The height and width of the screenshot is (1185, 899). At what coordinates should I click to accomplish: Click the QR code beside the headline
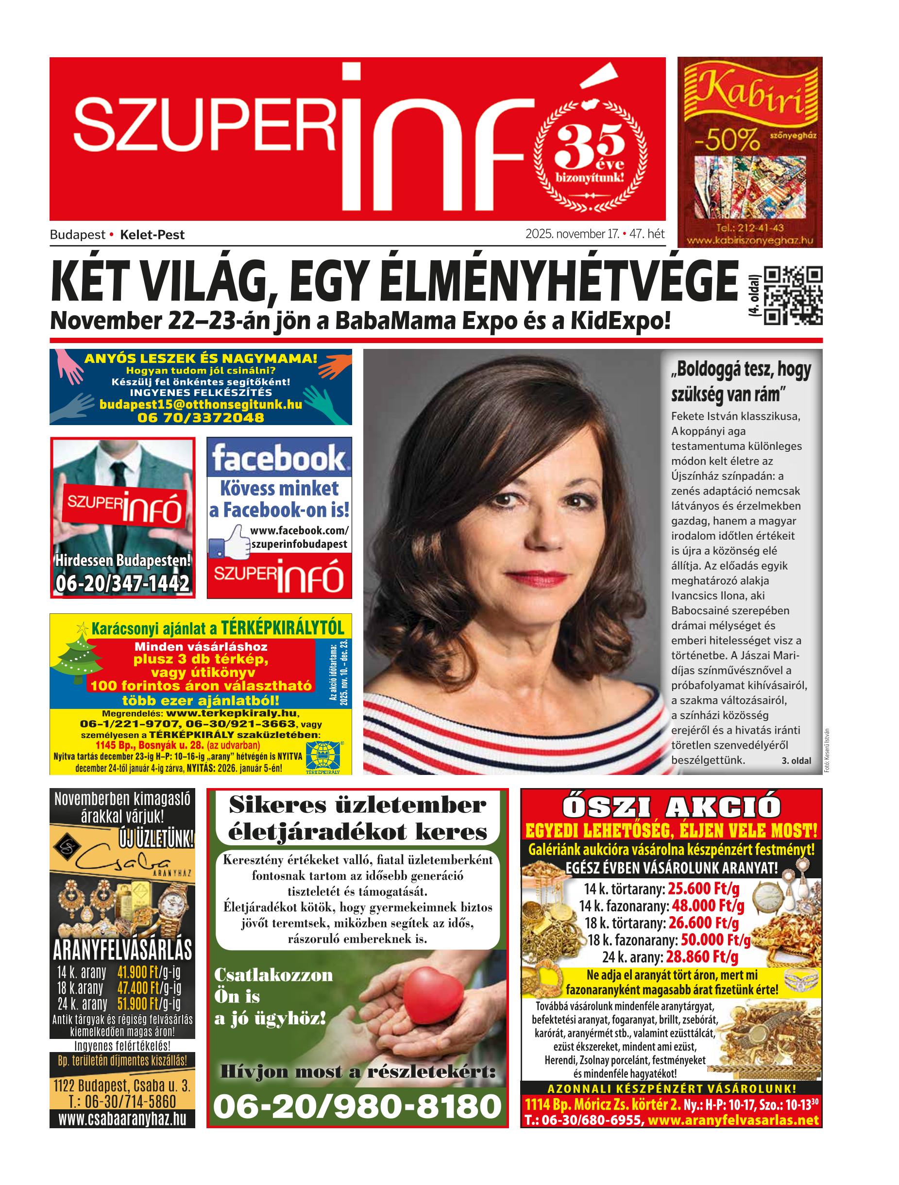[793, 295]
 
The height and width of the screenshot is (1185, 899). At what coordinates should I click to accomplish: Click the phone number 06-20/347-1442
[123, 583]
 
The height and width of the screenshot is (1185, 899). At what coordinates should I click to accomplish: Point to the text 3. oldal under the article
[796, 761]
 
